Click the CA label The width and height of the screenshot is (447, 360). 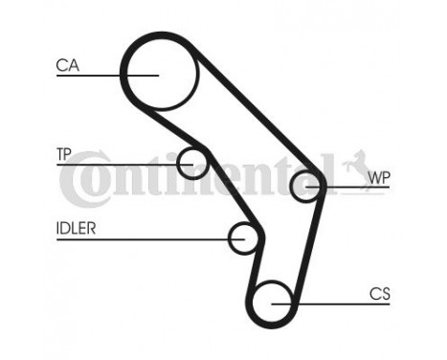[67, 66]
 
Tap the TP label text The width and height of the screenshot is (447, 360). [64, 153]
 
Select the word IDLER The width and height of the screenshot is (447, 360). [74, 228]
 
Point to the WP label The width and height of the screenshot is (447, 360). [379, 177]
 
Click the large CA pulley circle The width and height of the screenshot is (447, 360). [160, 72]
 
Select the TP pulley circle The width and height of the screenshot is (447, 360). [194, 163]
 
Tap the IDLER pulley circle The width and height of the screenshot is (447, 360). [245, 236]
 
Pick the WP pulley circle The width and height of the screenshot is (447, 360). [306, 186]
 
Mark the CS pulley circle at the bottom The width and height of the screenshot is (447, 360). [275, 301]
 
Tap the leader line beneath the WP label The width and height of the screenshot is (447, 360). [364, 188]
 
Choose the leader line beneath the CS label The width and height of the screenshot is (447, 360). [354, 304]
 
